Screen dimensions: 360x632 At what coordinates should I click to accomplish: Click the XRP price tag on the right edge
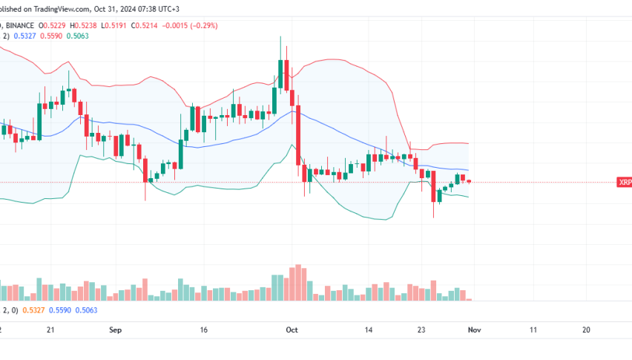[x=624, y=183]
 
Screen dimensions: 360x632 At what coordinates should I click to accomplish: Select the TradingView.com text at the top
[x=60, y=8]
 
